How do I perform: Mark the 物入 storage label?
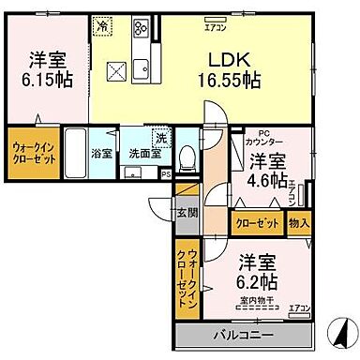(297, 224)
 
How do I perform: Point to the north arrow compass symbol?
(337, 330)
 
